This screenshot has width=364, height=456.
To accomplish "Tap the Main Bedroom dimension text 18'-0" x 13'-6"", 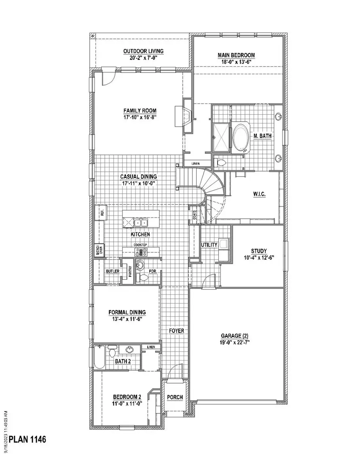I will click(x=236, y=62).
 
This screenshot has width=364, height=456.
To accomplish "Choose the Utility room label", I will click(x=209, y=245).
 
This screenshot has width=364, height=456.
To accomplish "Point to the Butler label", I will click(x=112, y=271).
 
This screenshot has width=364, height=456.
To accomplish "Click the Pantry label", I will click(x=130, y=271).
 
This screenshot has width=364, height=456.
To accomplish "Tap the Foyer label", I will click(x=176, y=331).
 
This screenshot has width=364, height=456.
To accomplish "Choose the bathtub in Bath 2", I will click(x=99, y=357).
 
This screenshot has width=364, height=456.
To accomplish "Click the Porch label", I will click(x=175, y=397).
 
